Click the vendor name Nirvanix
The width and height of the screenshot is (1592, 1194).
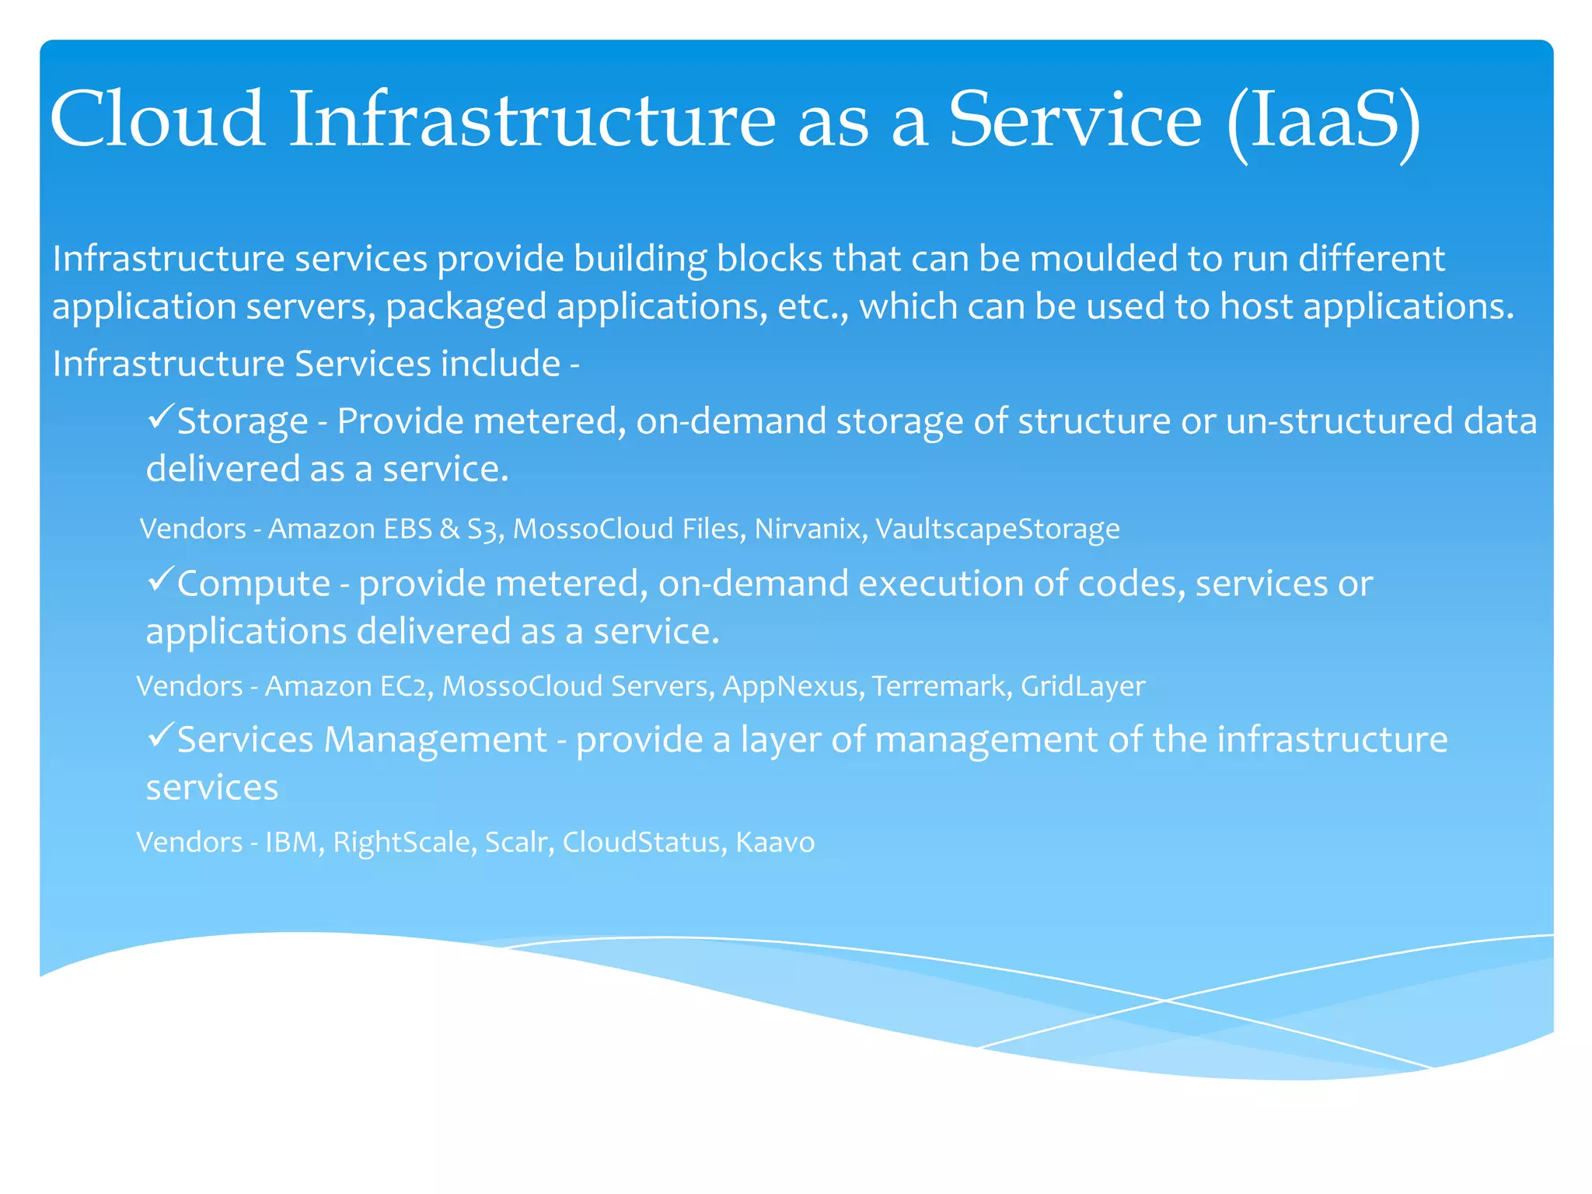point(808,529)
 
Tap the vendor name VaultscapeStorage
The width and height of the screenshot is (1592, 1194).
point(997,529)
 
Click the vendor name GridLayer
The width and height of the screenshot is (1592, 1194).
point(1082,686)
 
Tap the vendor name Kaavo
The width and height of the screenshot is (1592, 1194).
point(775,842)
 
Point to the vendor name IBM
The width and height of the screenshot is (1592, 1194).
point(292,842)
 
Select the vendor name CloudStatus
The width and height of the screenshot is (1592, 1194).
point(641,842)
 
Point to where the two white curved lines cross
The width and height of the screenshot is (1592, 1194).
point(1164,1000)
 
